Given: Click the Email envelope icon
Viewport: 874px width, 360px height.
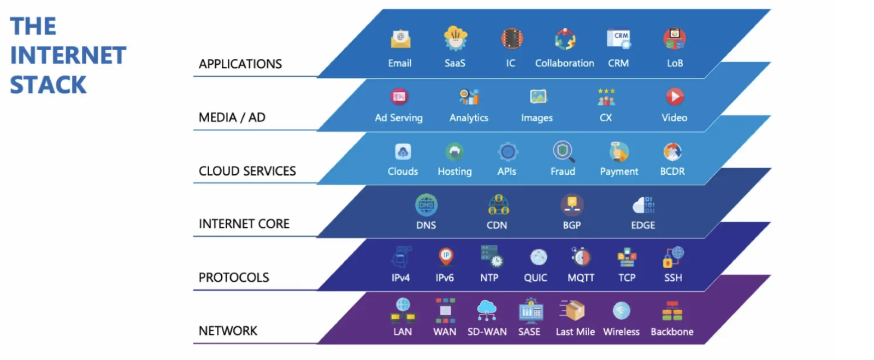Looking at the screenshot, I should tap(400, 39).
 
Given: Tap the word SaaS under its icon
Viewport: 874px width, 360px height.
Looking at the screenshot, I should tap(454, 63).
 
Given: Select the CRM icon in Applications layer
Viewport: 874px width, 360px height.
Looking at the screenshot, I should tap(618, 39).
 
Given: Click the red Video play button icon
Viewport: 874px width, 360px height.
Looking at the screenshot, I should tap(675, 97).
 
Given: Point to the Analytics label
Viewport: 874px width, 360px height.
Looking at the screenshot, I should tap(469, 117).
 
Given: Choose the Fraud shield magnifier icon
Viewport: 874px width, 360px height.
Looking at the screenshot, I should tap(563, 151).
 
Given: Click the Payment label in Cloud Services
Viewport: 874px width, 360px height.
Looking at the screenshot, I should tap(619, 172).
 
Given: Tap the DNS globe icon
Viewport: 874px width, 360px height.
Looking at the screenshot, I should tap(426, 205).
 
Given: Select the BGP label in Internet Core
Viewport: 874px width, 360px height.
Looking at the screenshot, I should tap(572, 225).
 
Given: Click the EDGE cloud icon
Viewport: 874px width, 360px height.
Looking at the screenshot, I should tap(643, 205).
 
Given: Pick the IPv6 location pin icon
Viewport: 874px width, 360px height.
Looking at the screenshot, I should tap(446, 256).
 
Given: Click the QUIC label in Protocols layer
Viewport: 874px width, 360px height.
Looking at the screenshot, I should tap(535, 278).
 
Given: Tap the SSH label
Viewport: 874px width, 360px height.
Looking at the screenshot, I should tap(673, 278).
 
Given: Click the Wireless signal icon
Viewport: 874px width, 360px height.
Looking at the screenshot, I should tap(621, 311).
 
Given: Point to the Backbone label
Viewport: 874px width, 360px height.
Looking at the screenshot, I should tap(672, 332).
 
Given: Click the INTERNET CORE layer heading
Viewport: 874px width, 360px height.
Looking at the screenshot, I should tap(244, 224).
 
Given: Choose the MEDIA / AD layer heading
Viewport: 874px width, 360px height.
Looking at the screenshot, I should tap(232, 117).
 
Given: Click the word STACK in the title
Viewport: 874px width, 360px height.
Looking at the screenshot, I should tap(48, 85).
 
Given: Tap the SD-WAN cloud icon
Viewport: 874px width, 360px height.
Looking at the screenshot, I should tap(487, 310).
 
